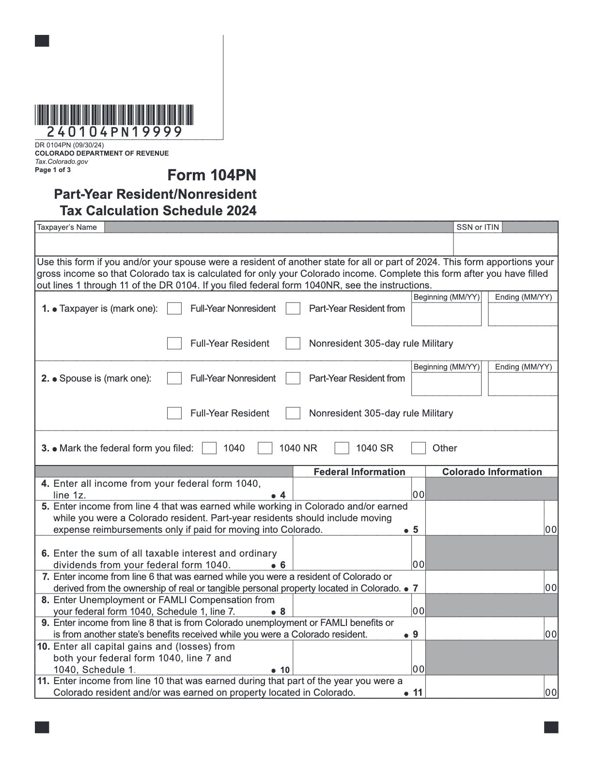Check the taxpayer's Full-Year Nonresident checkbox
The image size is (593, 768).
[174, 309]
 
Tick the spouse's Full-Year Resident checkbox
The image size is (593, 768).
[174, 414]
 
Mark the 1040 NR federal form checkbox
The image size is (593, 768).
[265, 448]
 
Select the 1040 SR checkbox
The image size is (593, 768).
[342, 448]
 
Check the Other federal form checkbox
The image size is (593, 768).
[418, 448]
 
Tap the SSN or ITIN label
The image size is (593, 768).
[477, 227]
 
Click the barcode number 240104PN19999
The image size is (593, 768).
[114, 132]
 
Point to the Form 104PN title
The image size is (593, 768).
[212, 175]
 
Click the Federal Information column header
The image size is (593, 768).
[359, 472]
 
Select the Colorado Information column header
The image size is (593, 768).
[492, 472]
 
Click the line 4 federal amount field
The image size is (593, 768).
[352, 489]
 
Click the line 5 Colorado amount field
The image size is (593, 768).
[484, 518]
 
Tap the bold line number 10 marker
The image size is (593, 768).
[284, 670]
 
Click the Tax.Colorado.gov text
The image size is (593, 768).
[62, 162]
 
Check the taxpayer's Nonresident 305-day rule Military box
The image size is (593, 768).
[293, 344]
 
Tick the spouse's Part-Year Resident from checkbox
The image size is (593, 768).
[293, 379]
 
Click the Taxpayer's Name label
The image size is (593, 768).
[67, 227]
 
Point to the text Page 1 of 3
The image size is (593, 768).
[53, 170]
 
